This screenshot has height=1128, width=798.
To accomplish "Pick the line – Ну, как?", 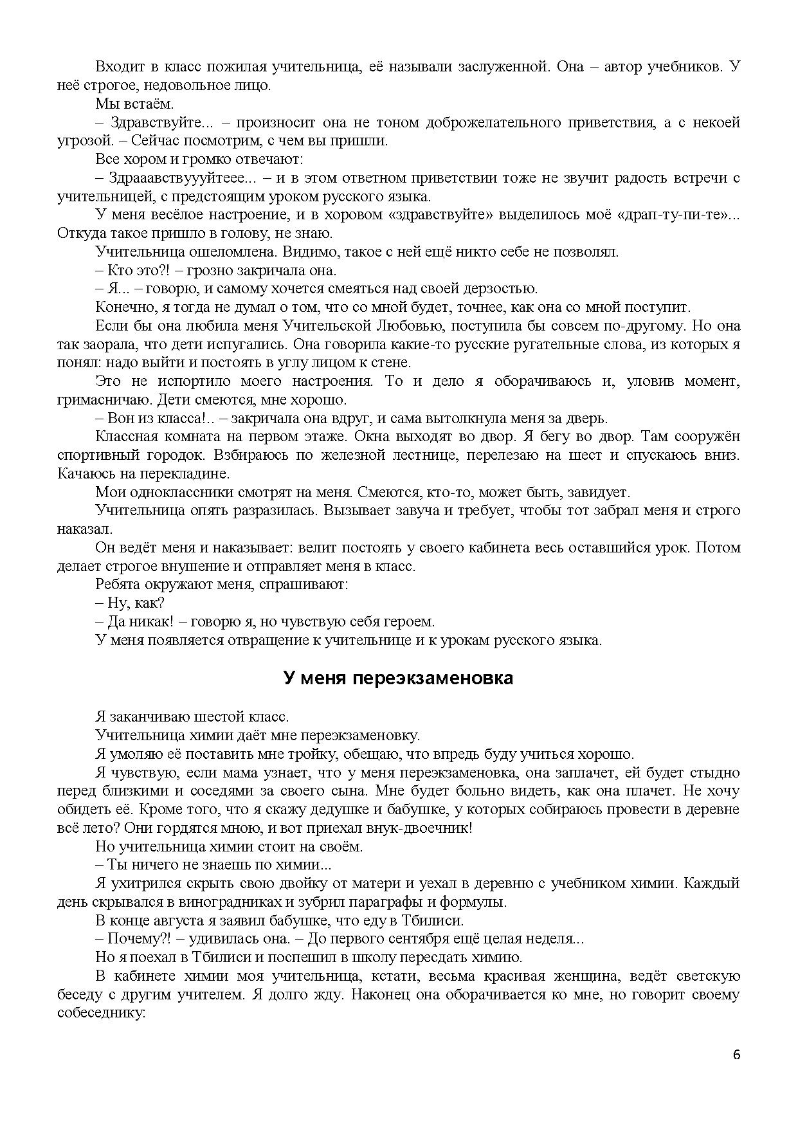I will (130, 603).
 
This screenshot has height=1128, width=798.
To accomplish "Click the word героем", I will (409, 622).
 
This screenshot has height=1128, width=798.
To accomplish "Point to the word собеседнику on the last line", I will (101, 1013).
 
